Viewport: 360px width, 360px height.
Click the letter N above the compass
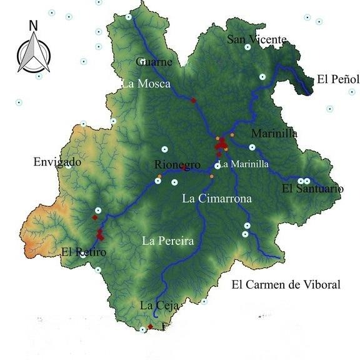point(33,26)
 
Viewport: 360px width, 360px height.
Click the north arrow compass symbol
point(33,52)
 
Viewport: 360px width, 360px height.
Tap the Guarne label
point(154,62)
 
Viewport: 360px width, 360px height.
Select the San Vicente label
point(256,40)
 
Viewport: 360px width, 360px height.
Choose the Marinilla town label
point(274,134)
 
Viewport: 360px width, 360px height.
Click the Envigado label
point(57,162)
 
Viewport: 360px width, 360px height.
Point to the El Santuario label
point(312,188)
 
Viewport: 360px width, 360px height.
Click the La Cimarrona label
point(217,199)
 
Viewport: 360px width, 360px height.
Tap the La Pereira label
point(168,240)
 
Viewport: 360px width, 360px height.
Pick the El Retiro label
point(84,252)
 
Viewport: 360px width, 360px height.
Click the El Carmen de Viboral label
point(286,285)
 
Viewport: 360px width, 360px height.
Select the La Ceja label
point(159,306)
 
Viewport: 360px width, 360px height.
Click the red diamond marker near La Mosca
point(194,101)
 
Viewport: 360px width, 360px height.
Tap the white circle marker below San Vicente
point(247,47)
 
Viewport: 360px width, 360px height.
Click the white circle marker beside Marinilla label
point(252,147)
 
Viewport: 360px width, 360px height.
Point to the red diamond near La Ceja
point(150,326)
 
